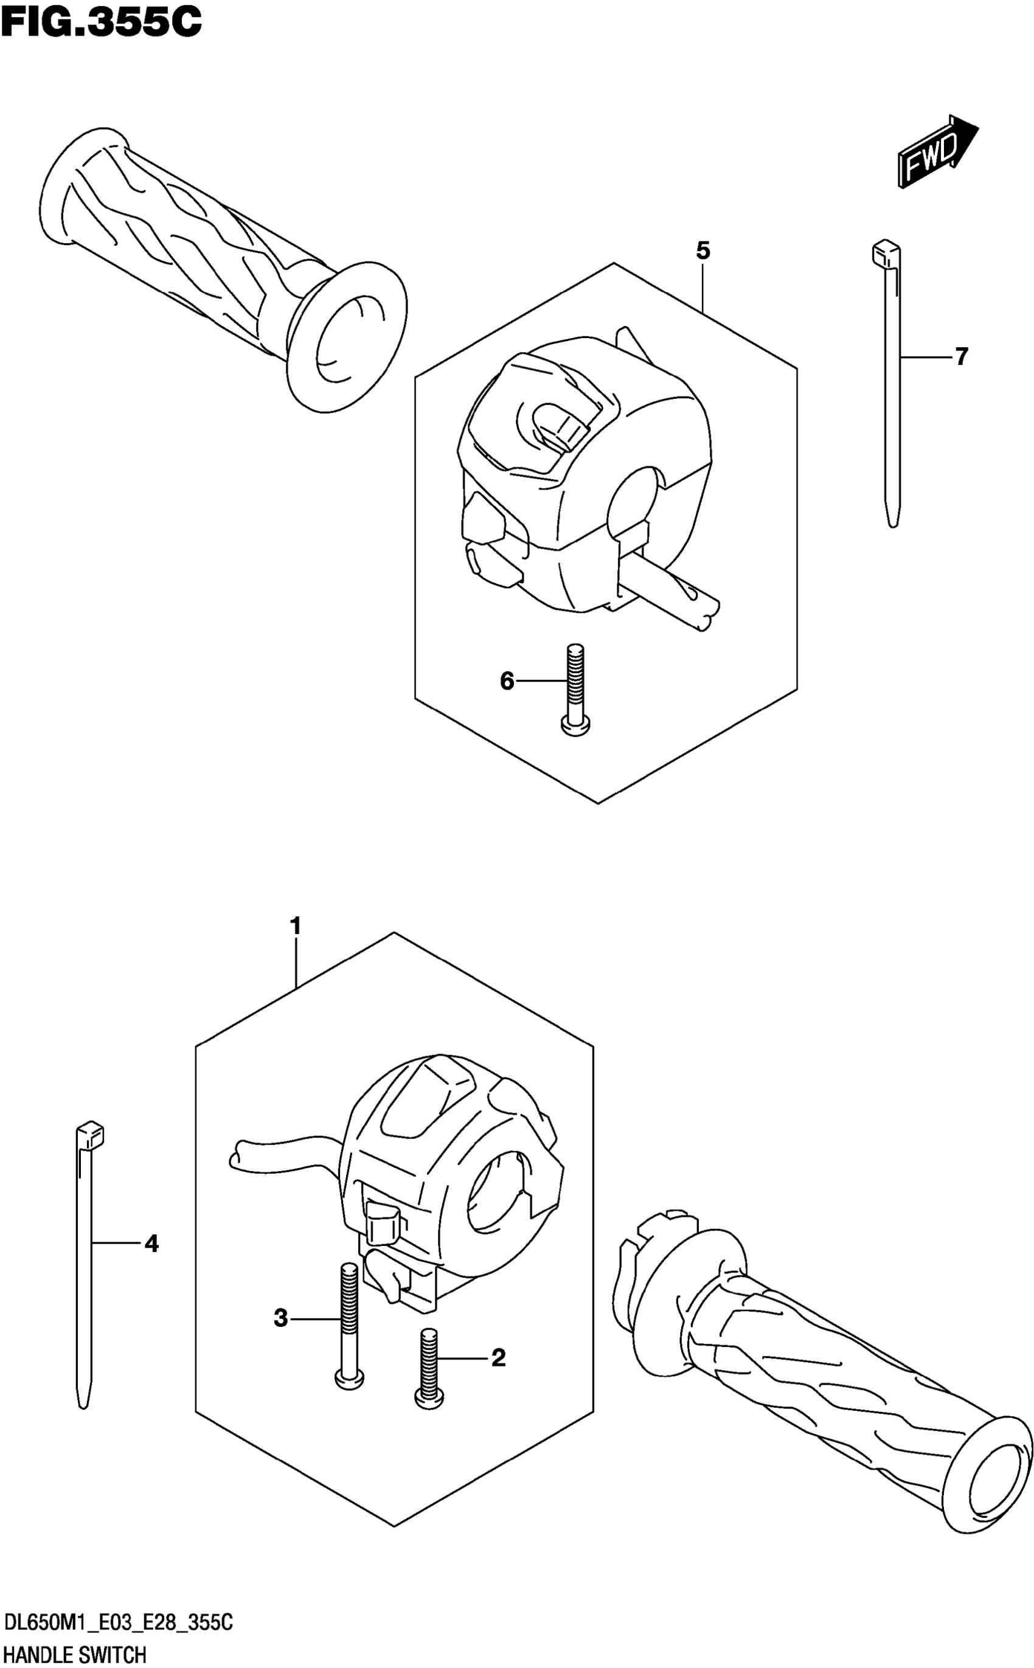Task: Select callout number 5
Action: click(x=703, y=251)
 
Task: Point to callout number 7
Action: click(x=962, y=356)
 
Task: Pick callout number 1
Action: click(x=296, y=926)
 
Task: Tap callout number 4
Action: click(x=151, y=1244)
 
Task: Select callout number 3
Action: click(x=280, y=1317)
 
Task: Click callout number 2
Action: click(x=499, y=1357)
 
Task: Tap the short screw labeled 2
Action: click(x=429, y=1367)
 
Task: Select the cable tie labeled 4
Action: click(x=84, y=1265)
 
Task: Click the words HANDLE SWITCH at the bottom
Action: click(x=75, y=1650)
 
